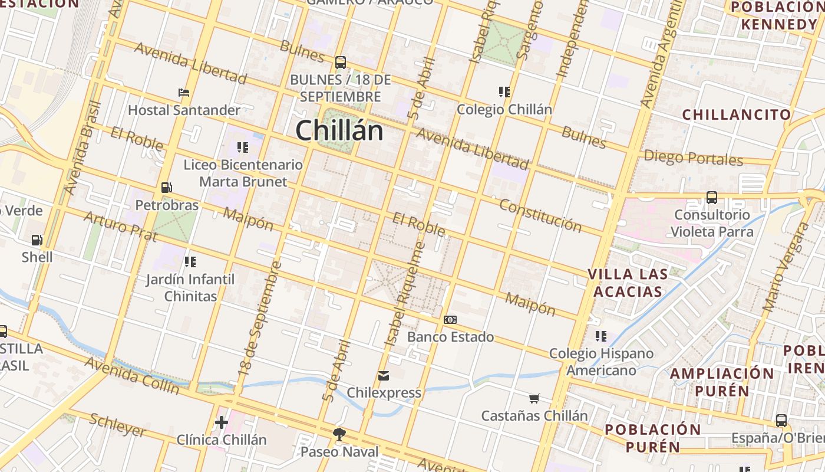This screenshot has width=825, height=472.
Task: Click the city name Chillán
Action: point(339,130)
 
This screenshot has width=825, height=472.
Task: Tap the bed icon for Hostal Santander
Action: point(184,93)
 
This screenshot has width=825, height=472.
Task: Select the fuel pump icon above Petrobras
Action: point(167,188)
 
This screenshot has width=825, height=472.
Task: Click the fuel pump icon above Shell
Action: point(37,240)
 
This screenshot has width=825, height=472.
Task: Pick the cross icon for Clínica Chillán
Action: point(222,422)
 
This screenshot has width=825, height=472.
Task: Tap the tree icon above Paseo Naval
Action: point(339,435)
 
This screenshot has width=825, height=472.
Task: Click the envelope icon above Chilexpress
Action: point(384,375)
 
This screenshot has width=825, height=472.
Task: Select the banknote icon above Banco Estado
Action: point(450,320)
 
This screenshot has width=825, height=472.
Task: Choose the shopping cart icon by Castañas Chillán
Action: point(534,398)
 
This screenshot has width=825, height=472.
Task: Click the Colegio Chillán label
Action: point(504,109)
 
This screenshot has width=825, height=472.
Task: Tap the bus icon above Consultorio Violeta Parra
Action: point(712,198)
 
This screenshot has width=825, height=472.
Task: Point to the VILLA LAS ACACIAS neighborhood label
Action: point(628,283)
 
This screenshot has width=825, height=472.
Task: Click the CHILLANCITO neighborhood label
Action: point(737,114)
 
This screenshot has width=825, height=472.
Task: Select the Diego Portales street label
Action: point(693,158)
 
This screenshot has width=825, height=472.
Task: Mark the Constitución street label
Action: point(540,215)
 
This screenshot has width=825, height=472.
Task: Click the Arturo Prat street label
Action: point(120,227)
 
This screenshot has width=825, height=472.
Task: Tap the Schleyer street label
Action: point(118,425)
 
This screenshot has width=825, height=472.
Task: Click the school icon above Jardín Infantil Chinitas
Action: point(190,261)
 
